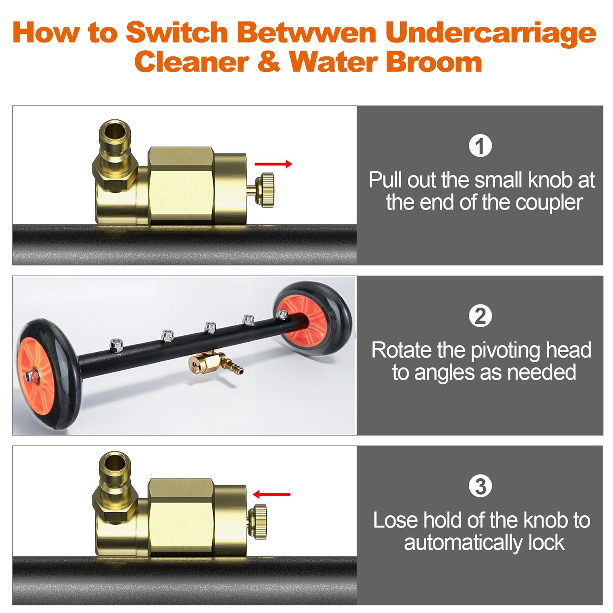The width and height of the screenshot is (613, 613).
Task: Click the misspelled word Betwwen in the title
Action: (306, 32)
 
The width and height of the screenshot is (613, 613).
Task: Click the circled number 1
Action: (480, 146)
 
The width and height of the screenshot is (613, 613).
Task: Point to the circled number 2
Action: (480, 316)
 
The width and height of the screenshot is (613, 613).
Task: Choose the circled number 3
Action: (480, 486)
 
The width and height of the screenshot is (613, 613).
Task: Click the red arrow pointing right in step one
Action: (273, 164)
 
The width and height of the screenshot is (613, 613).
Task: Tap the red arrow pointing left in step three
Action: (271, 494)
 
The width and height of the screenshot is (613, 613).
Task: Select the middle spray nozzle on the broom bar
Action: (210, 327)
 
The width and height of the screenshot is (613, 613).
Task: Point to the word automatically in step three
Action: (463, 543)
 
